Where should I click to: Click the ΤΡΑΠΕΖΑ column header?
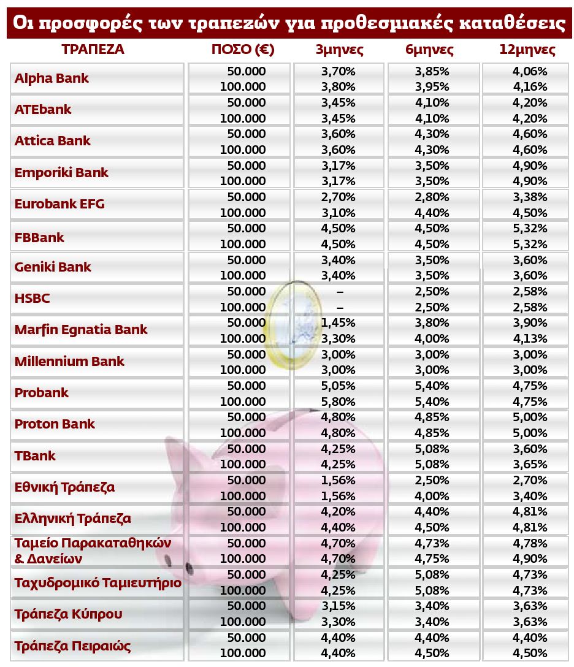pyautogui.click(x=93, y=50)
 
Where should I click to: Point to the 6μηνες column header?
pyautogui.click(x=429, y=50)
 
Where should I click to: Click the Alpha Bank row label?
pyautogui.click(x=52, y=78)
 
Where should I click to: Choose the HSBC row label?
pyautogui.click(x=32, y=299)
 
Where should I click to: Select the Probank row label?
pyautogui.click(x=42, y=393)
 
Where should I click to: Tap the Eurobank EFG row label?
pyautogui.click(x=59, y=204)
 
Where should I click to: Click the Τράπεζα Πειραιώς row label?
pyautogui.click(x=72, y=646)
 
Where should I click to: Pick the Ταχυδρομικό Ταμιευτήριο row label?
pyautogui.click(x=98, y=582)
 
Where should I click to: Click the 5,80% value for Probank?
pyautogui.click(x=338, y=402)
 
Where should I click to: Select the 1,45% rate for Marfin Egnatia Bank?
pyautogui.click(x=338, y=322)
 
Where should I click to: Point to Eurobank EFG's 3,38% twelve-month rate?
pyautogui.click(x=529, y=197)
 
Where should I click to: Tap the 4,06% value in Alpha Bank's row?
pyautogui.click(x=529, y=71)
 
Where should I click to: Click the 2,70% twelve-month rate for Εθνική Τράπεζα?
pyautogui.click(x=529, y=480)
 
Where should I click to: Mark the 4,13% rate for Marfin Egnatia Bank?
pyautogui.click(x=529, y=338)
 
